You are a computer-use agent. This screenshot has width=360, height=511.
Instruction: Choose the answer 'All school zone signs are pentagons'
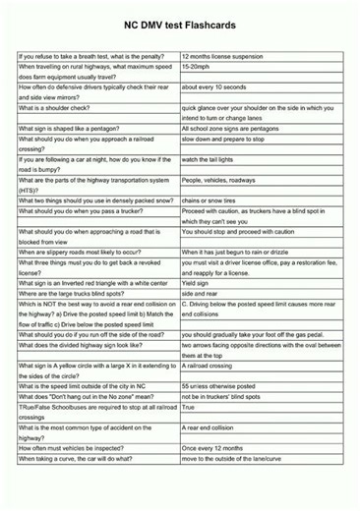point(239,129)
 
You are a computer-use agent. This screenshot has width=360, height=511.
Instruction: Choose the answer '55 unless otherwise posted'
point(223,386)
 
